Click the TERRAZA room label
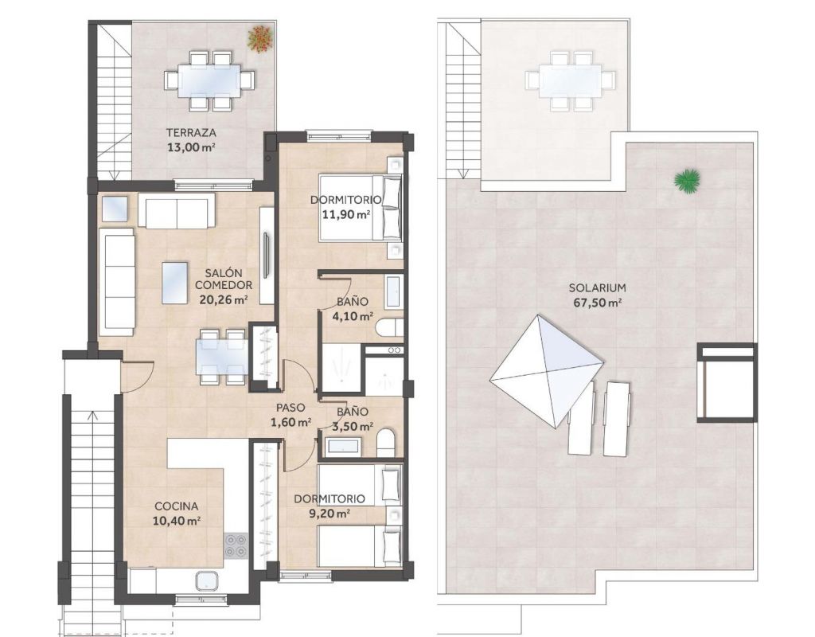coord(191,133)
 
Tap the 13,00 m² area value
coord(191,147)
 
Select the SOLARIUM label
coord(597,287)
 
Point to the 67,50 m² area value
coord(597,303)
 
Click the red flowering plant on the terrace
coord(259,38)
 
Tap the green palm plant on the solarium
coord(687,181)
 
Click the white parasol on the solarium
coord(546,371)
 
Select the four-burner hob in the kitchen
coord(236,546)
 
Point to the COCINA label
coord(177,506)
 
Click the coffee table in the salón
coord(174,283)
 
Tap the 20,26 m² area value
coord(224,299)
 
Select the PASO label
coord(291,408)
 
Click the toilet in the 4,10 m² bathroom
coord(388,327)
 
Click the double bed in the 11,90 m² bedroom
coord(361,208)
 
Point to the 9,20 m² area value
coord(330,514)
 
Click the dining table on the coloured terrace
coord(210,80)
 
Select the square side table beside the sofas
coord(115,209)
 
